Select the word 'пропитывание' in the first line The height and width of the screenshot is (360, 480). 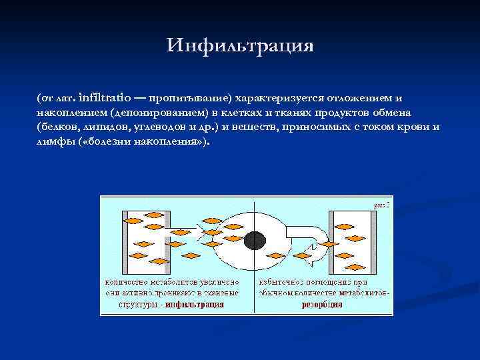click(x=190, y=97)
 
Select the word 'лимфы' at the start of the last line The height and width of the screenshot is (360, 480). click(x=53, y=142)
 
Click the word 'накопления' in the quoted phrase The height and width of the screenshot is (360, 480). click(x=173, y=142)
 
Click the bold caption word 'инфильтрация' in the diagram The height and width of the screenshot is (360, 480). click(x=195, y=304)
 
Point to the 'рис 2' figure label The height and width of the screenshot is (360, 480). click(x=381, y=205)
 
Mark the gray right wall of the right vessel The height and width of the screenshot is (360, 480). click(x=377, y=240)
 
